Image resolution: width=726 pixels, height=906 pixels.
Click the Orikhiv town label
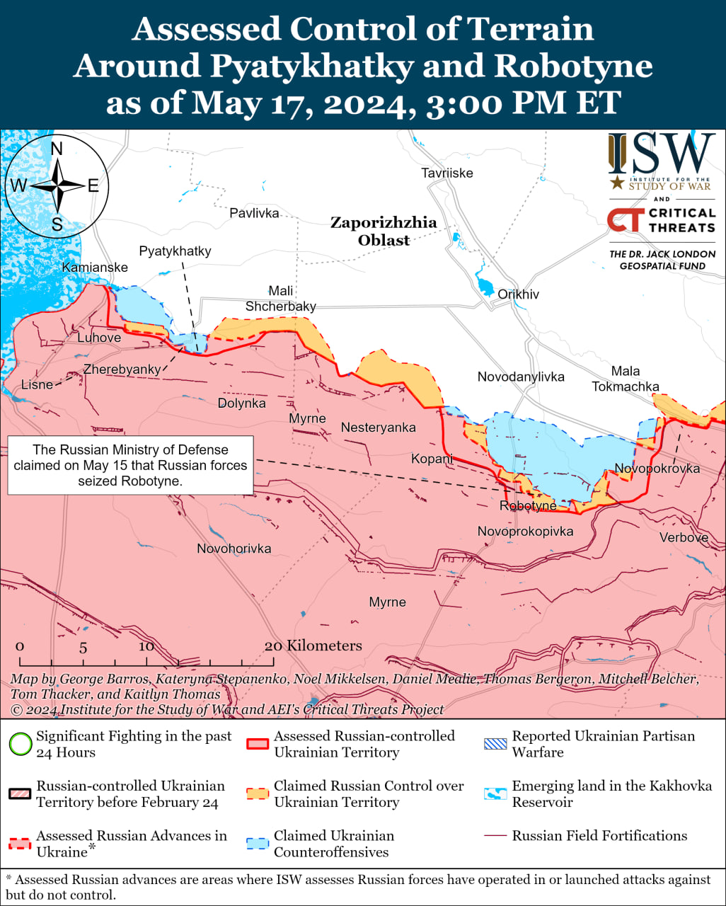coord(518,294)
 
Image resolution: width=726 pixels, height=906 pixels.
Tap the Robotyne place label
coord(528,506)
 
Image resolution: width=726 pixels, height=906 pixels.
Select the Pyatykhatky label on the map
coord(175,251)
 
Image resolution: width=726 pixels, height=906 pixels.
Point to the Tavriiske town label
coord(447,173)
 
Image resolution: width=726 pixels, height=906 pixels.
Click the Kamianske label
coord(95,268)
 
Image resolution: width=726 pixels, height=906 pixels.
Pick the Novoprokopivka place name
coord(525,532)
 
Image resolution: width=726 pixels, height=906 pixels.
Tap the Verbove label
coord(684,538)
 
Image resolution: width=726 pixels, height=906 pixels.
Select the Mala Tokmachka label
coord(626,379)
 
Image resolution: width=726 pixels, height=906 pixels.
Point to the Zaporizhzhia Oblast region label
coord(384,231)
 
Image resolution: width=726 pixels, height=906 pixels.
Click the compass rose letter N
coord(57,149)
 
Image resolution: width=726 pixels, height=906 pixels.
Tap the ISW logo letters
coord(662,154)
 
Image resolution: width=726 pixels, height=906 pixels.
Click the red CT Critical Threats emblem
coord(625,220)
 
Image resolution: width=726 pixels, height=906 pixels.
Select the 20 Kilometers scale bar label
coord(313,646)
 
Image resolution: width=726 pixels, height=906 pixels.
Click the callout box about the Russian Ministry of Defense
coord(130,465)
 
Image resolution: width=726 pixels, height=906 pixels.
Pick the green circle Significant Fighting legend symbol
coord(21,744)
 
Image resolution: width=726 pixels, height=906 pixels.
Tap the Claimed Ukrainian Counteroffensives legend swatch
coord(258,843)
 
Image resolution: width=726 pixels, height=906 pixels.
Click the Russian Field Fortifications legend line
coord(495,836)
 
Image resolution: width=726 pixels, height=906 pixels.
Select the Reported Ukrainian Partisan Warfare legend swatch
coord(495,744)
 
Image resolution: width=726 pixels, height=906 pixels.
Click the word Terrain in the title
coord(524,30)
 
